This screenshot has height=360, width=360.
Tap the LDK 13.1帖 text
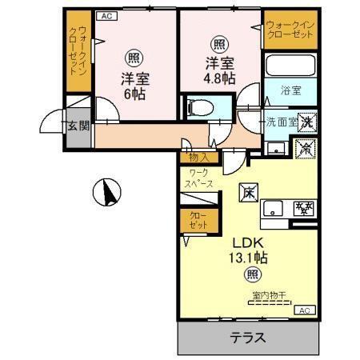pyautogui.click(x=249, y=250)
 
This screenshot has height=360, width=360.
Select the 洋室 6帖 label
pyautogui.click(x=134, y=86)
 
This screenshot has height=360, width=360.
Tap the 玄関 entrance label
pyautogui.click(x=77, y=126)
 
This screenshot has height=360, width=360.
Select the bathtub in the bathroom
pyautogui.click(x=290, y=66)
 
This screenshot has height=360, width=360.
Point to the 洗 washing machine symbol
pyautogui.click(x=307, y=122)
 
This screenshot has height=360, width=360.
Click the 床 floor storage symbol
pyautogui.click(x=249, y=192)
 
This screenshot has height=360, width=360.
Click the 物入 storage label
pyautogui.click(x=199, y=158)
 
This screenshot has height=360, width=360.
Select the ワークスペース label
pyautogui.click(x=200, y=178)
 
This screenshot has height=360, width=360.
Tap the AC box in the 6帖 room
pyautogui.click(x=106, y=15)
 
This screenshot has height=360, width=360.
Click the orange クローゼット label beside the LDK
pyautogui.click(x=198, y=220)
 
